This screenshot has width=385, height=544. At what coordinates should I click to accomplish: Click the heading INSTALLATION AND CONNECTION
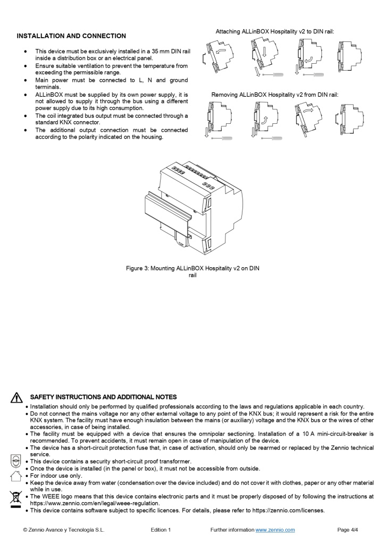71,36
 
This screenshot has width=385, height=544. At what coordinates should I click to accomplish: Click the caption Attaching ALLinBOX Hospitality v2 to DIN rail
274,32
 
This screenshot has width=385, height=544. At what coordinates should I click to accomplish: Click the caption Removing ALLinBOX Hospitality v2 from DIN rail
274,95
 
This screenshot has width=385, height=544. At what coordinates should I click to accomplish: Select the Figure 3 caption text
192,271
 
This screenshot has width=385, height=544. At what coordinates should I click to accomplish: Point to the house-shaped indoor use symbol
16,475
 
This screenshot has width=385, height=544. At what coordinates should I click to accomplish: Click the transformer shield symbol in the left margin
16,461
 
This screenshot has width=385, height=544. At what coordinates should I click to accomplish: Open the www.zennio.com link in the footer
275,530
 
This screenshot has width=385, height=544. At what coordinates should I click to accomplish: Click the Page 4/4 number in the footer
348,530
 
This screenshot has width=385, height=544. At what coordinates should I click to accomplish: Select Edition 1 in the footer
161,530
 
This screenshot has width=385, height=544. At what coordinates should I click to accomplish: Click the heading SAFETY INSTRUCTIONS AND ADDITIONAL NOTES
104,397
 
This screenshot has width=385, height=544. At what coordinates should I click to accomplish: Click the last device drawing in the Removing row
349,119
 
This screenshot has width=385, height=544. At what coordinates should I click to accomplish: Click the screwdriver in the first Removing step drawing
222,138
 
